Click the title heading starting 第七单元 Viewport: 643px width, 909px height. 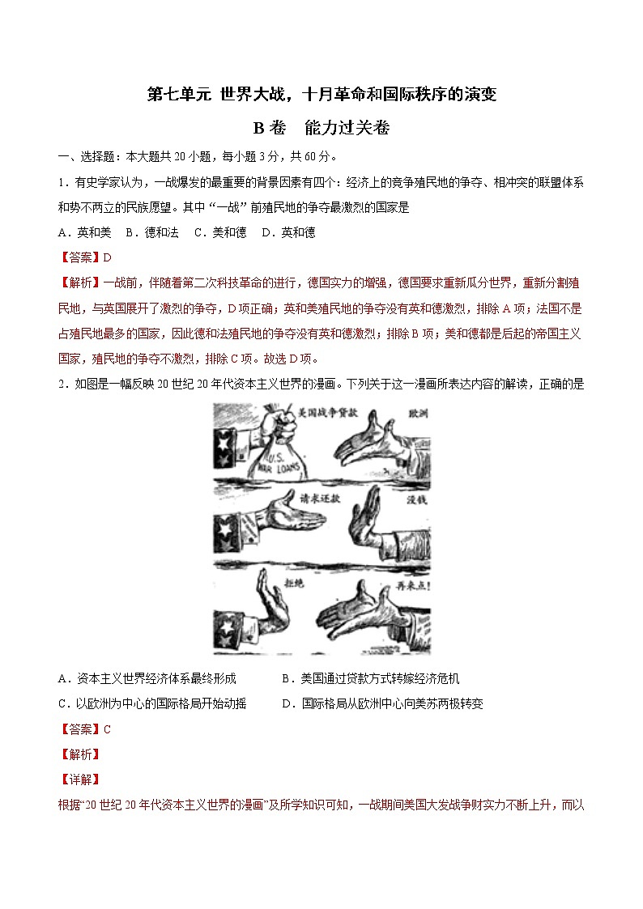click(321, 95)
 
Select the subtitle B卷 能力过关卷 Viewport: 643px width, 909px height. click(321, 128)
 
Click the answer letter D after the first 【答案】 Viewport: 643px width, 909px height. click(107, 257)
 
